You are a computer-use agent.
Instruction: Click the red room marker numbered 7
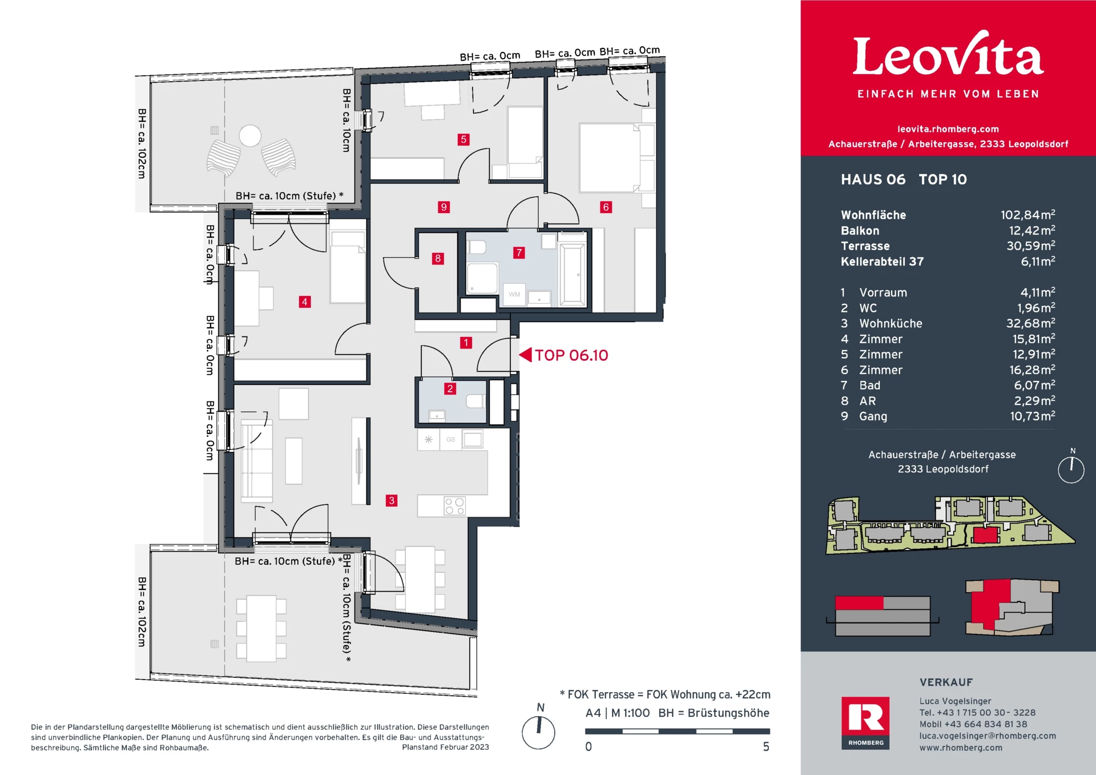(x=519, y=252)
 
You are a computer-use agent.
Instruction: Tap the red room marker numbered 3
(x=392, y=501)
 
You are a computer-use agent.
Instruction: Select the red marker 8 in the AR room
(x=438, y=258)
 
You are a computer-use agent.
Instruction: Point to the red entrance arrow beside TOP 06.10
(x=525, y=355)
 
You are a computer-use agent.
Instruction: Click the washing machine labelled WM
(x=514, y=295)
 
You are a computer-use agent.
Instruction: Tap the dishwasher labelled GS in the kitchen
(x=451, y=439)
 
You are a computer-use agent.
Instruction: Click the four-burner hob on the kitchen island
(x=454, y=506)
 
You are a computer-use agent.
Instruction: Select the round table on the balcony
(x=250, y=136)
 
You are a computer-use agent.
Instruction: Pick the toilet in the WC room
(x=476, y=401)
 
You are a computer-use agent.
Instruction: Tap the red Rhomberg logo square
(x=865, y=722)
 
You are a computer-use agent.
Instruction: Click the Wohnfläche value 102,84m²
(x=1027, y=215)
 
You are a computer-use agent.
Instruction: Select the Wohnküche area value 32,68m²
(x=1030, y=323)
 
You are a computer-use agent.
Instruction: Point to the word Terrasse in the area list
(x=865, y=246)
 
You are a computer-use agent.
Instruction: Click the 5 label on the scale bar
(x=766, y=746)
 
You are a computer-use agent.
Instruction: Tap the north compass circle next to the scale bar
(x=538, y=732)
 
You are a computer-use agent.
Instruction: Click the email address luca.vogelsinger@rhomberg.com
(x=988, y=736)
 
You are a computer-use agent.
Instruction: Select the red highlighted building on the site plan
(x=985, y=536)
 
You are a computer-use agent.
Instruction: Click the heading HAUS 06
(x=873, y=179)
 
